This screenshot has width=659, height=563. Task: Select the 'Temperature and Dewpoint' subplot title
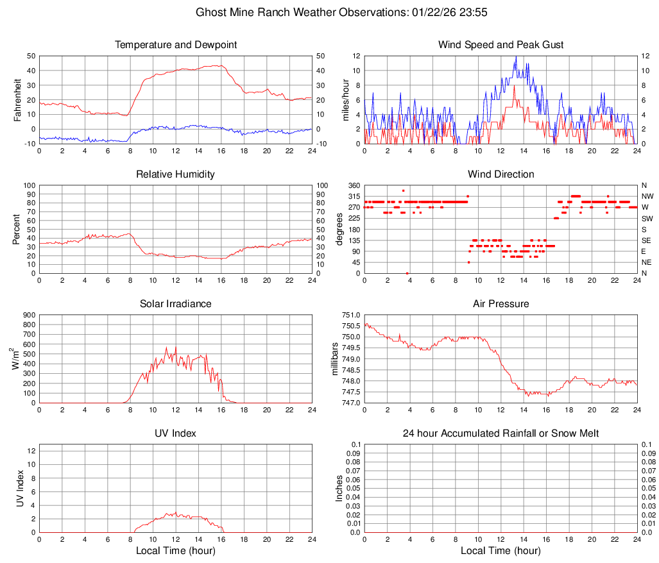tap(176, 45)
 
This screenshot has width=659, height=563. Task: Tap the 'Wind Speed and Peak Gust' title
tap(501, 45)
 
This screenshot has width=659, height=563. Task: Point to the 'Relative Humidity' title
tap(176, 174)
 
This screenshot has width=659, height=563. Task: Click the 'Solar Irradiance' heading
tap(176, 304)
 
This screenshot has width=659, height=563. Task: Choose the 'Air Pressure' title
tap(501, 304)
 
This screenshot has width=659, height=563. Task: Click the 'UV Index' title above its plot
tap(176, 433)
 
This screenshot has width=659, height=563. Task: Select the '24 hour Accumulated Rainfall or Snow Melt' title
tap(501, 433)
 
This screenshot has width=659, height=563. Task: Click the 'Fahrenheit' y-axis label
tap(17, 99)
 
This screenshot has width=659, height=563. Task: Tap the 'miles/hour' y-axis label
tap(346, 99)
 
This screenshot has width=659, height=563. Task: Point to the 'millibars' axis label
tap(334, 358)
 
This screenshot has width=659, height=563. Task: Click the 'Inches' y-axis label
tap(340, 488)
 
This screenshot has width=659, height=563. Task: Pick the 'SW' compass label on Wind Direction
tap(647, 218)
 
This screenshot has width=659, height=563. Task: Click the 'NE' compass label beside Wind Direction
tap(647, 262)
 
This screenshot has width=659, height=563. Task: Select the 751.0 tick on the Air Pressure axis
tap(350, 315)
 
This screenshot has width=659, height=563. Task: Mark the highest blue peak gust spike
tap(516, 56)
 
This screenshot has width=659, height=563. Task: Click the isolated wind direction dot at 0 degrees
tap(407, 273)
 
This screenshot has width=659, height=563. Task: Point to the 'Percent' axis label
tap(17, 229)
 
